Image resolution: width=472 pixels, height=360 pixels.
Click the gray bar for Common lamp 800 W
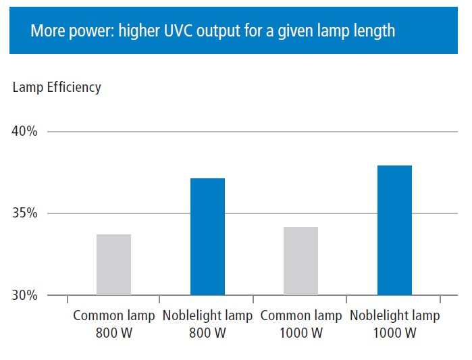[x=113, y=265]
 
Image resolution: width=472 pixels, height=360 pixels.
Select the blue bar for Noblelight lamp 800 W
[x=207, y=237]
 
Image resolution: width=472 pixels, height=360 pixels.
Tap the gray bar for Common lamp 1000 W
[x=300, y=261]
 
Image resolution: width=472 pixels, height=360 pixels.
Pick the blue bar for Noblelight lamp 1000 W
[x=394, y=230]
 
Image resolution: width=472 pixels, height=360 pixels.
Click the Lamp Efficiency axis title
[x=57, y=87]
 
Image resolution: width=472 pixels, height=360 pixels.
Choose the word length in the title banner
[x=376, y=31]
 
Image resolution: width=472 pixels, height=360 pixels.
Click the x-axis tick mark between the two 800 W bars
[x=159, y=299]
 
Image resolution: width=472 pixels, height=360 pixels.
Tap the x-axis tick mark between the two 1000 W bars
[x=346, y=299]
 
